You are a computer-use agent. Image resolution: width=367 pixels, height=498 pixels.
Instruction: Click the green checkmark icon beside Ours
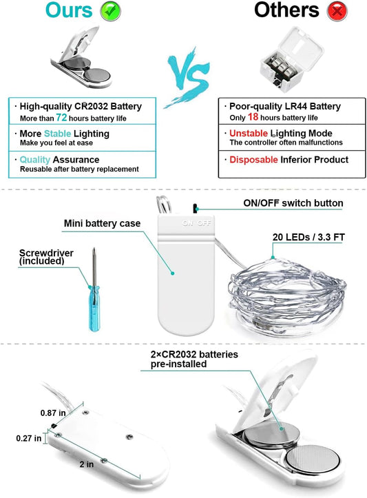[x=110, y=11]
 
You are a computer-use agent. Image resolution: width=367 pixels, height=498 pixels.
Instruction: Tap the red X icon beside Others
[x=337, y=11]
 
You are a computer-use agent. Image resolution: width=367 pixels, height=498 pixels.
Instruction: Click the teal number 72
[x=61, y=118]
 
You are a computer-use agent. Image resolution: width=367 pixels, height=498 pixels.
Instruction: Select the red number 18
[x=253, y=117]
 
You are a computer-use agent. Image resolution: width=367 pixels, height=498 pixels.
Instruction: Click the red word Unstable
[x=249, y=133]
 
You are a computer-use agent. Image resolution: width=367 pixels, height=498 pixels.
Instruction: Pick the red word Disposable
[x=253, y=159]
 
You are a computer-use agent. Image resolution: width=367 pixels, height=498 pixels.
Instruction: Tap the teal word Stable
[x=57, y=134]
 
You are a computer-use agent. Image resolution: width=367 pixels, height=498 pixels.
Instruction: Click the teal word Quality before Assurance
[x=35, y=159]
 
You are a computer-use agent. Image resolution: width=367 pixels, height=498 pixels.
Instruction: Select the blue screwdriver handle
[x=94, y=309]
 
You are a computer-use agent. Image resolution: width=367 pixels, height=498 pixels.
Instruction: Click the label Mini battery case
[x=102, y=223]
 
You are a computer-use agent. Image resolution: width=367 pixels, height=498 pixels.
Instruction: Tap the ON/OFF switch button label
[x=293, y=203]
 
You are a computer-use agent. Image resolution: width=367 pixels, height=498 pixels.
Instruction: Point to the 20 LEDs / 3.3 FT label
[x=308, y=237]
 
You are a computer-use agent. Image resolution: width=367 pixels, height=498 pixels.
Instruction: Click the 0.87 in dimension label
[x=53, y=413]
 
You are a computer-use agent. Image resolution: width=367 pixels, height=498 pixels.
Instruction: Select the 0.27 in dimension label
[x=28, y=438]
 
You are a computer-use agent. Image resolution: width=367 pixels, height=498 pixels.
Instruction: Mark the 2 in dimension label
[x=87, y=464]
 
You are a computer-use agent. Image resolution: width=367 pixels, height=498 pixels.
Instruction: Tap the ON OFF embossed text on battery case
[x=197, y=223]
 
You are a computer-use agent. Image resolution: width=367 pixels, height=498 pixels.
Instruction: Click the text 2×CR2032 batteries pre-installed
[x=194, y=360]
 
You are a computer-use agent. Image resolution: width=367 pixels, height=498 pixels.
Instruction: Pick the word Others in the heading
[x=286, y=10]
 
